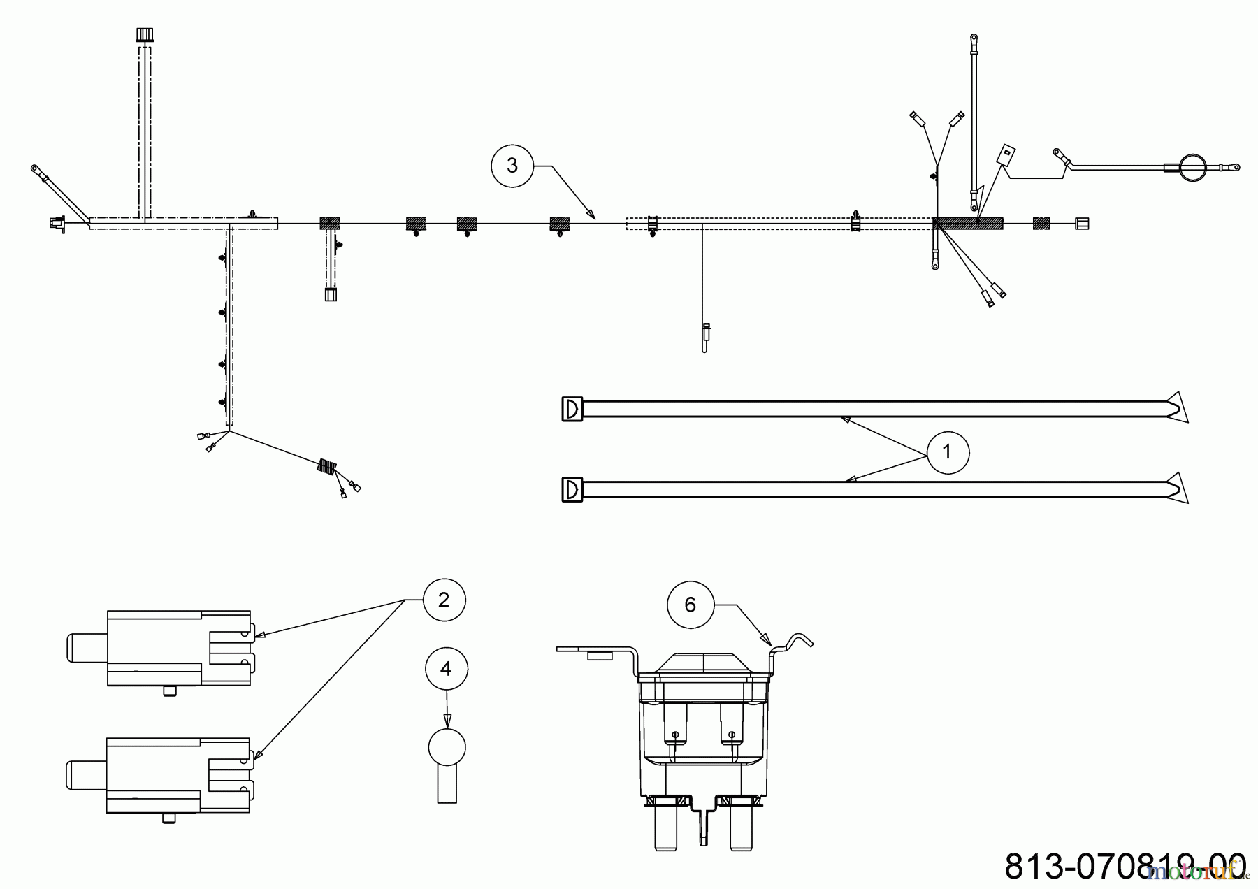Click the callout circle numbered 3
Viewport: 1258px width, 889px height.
click(512, 166)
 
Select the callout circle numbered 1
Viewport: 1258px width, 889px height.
click(947, 452)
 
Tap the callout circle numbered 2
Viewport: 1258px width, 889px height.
click(444, 600)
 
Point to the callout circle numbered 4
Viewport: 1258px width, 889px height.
click(446, 669)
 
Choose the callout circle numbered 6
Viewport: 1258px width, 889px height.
click(690, 605)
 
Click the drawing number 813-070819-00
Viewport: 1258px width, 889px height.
click(1125, 865)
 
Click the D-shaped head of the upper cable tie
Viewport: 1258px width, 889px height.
click(572, 409)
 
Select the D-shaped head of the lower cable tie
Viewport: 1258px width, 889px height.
click(572, 489)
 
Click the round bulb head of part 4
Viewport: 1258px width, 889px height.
click(447, 747)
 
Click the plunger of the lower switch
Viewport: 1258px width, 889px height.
click(85, 776)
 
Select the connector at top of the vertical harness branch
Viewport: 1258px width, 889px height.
click(144, 34)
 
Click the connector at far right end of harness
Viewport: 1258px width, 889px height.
click(1081, 223)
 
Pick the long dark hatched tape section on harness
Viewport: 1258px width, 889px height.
click(967, 223)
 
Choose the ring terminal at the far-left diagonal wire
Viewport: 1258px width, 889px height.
click(36, 168)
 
